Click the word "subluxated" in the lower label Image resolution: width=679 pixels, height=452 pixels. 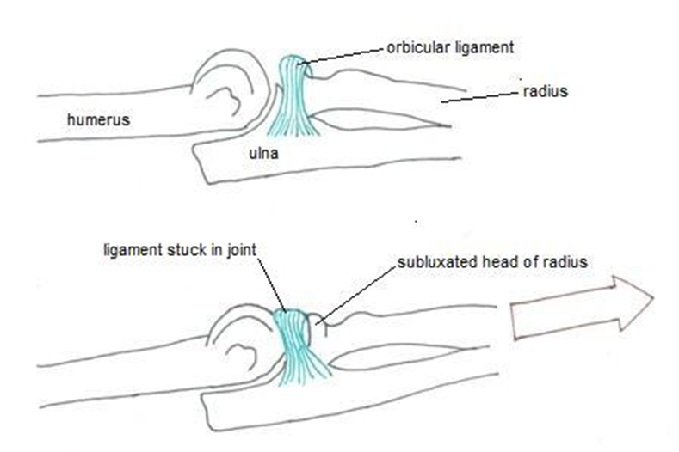[429, 262]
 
